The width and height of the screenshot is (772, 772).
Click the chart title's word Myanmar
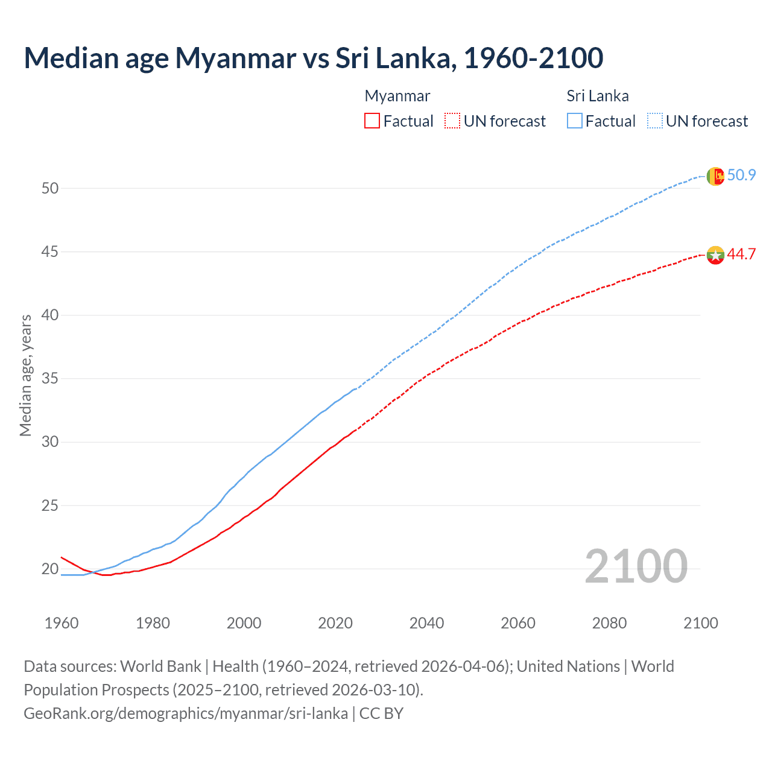click(235, 58)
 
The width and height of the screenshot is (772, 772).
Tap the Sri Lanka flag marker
click(715, 176)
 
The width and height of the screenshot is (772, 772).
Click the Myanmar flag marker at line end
click(715, 255)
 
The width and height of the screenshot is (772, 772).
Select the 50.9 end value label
click(741, 176)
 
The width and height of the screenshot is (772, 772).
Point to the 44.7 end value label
click(741, 255)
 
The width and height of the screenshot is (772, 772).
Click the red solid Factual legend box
click(372, 121)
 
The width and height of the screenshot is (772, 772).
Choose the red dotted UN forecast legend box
click(452, 121)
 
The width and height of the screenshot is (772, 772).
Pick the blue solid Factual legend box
click(575, 121)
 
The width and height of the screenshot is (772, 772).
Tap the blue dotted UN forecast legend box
click(655, 121)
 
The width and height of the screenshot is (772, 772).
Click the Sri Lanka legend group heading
click(597, 96)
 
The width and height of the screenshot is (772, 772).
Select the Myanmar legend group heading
click(397, 96)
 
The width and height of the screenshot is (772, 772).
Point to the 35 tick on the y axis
click(50, 379)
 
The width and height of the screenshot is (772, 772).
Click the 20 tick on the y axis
click(50, 569)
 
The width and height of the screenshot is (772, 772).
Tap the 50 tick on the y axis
click(50, 188)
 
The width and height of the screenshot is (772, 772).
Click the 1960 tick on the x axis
click(62, 623)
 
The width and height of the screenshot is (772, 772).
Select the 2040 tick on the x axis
click(426, 623)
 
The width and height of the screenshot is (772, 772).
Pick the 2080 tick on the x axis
click(609, 623)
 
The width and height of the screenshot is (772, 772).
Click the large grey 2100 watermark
click(636, 566)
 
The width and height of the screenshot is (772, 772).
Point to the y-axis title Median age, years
click(25, 375)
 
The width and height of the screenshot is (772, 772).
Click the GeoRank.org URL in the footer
click(186, 713)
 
